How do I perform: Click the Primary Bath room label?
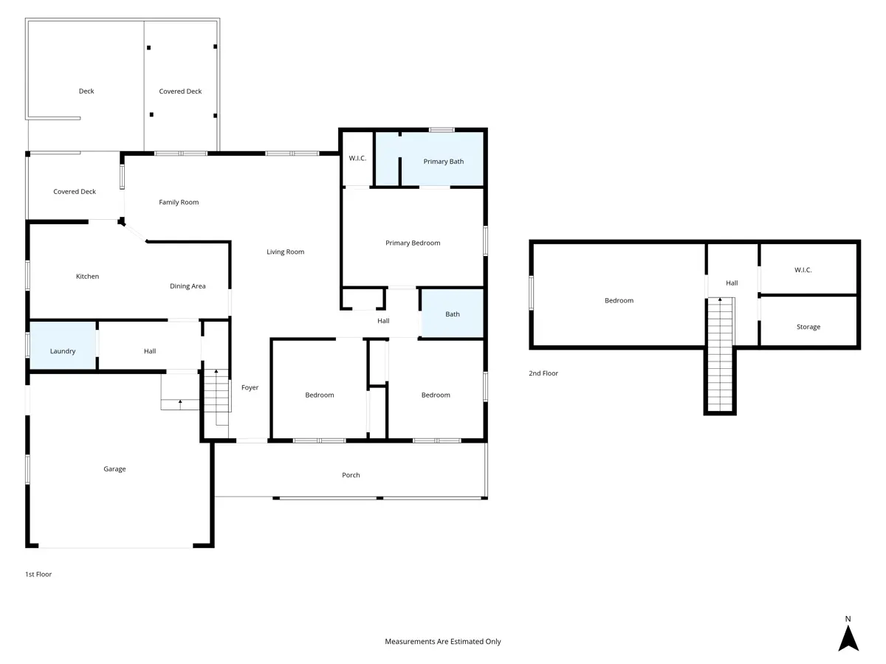(x=443, y=162)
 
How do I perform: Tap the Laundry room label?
(x=63, y=351)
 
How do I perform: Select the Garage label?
(x=114, y=469)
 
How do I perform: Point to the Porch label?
(x=351, y=475)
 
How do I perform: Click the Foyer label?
(x=250, y=387)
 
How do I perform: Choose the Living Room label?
(x=286, y=252)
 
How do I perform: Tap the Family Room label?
(x=179, y=202)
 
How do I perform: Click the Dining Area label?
(x=188, y=286)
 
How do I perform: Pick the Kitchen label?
(x=88, y=276)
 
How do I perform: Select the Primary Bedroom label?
(x=413, y=243)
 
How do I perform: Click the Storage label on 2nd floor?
(x=808, y=327)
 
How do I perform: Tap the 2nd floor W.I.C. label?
(x=803, y=270)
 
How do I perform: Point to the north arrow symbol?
(x=848, y=637)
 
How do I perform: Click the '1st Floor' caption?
(x=38, y=574)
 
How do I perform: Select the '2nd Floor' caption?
(x=543, y=373)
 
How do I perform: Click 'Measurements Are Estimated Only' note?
(x=443, y=641)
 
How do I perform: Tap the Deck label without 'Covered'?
(x=86, y=91)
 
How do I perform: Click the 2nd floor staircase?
(x=720, y=355)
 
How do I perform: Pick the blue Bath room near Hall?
(x=453, y=314)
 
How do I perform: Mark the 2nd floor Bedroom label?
(x=619, y=300)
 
